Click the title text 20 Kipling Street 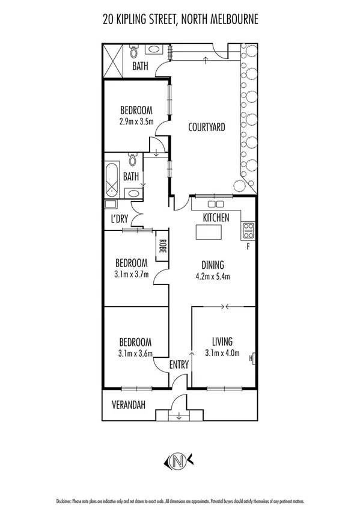(180, 20)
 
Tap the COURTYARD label (206, 127)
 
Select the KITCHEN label (216, 218)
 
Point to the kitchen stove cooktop (248, 229)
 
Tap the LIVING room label (222, 341)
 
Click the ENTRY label (179, 364)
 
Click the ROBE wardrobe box (162, 247)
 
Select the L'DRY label (118, 220)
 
